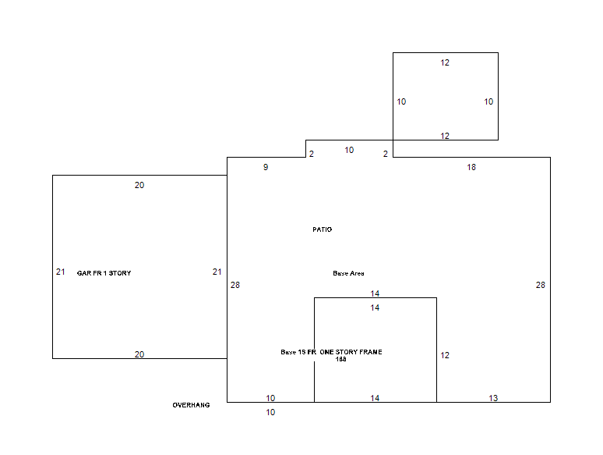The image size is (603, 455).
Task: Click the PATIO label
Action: (x=323, y=229)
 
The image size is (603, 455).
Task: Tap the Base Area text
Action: (x=348, y=273)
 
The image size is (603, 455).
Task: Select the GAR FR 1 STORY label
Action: (x=104, y=273)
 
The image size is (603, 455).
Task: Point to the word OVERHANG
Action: (x=191, y=405)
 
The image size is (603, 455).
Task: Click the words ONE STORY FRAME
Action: (x=351, y=352)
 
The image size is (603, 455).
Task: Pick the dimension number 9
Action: (x=266, y=167)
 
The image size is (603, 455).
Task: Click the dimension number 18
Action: (x=471, y=167)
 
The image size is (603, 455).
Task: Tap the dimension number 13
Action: (x=493, y=398)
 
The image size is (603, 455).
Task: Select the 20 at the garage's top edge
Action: (x=139, y=185)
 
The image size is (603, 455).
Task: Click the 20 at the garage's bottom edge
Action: (x=139, y=354)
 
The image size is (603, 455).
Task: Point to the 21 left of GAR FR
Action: (x=61, y=272)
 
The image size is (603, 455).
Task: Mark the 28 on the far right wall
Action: (x=541, y=285)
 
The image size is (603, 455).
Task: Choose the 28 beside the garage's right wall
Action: (x=235, y=285)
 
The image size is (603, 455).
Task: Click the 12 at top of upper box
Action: (x=445, y=62)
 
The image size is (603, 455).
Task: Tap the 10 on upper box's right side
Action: (x=488, y=101)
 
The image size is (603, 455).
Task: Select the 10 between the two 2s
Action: (x=349, y=151)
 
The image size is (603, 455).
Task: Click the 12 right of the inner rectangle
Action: (x=445, y=355)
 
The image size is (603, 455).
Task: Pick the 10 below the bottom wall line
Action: (x=271, y=412)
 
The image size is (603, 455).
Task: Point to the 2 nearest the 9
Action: (x=312, y=154)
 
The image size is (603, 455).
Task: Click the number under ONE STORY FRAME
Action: (x=340, y=359)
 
